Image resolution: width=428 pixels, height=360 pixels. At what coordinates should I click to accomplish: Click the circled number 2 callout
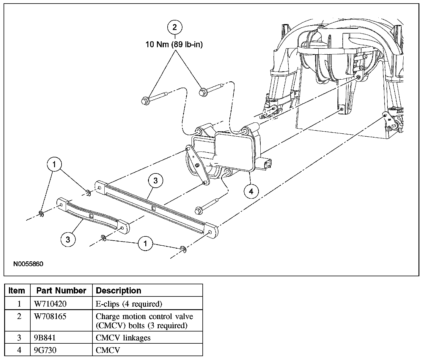click(174, 27)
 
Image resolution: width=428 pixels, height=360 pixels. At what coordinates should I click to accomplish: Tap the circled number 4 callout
click(251, 191)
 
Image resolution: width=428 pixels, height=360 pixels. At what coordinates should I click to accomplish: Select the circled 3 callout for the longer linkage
click(156, 181)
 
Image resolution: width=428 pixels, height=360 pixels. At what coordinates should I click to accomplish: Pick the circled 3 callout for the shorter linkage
click(68, 239)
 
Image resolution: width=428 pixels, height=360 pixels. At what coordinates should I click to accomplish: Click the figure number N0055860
click(28, 264)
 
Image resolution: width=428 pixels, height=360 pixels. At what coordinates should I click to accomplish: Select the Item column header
click(17, 290)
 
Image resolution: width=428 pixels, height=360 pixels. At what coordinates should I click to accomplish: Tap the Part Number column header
click(61, 290)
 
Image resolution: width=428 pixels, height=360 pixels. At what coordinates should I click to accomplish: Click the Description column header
click(119, 290)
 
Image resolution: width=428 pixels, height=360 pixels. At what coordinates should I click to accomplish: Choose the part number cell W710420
click(51, 304)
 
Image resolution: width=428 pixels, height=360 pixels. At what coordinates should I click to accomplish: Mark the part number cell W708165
click(51, 317)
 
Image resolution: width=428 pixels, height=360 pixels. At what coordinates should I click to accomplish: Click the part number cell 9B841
click(45, 338)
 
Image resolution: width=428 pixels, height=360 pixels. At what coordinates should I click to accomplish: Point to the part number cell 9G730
click(45, 350)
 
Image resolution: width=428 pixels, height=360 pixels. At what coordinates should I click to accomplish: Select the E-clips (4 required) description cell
click(129, 304)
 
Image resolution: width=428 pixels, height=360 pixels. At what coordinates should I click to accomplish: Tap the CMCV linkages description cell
click(123, 338)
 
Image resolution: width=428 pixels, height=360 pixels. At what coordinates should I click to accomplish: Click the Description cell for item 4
click(108, 350)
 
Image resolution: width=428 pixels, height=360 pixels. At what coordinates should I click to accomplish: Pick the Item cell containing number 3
click(19, 338)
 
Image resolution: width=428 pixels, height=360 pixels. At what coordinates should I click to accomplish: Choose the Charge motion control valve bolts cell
click(144, 321)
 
